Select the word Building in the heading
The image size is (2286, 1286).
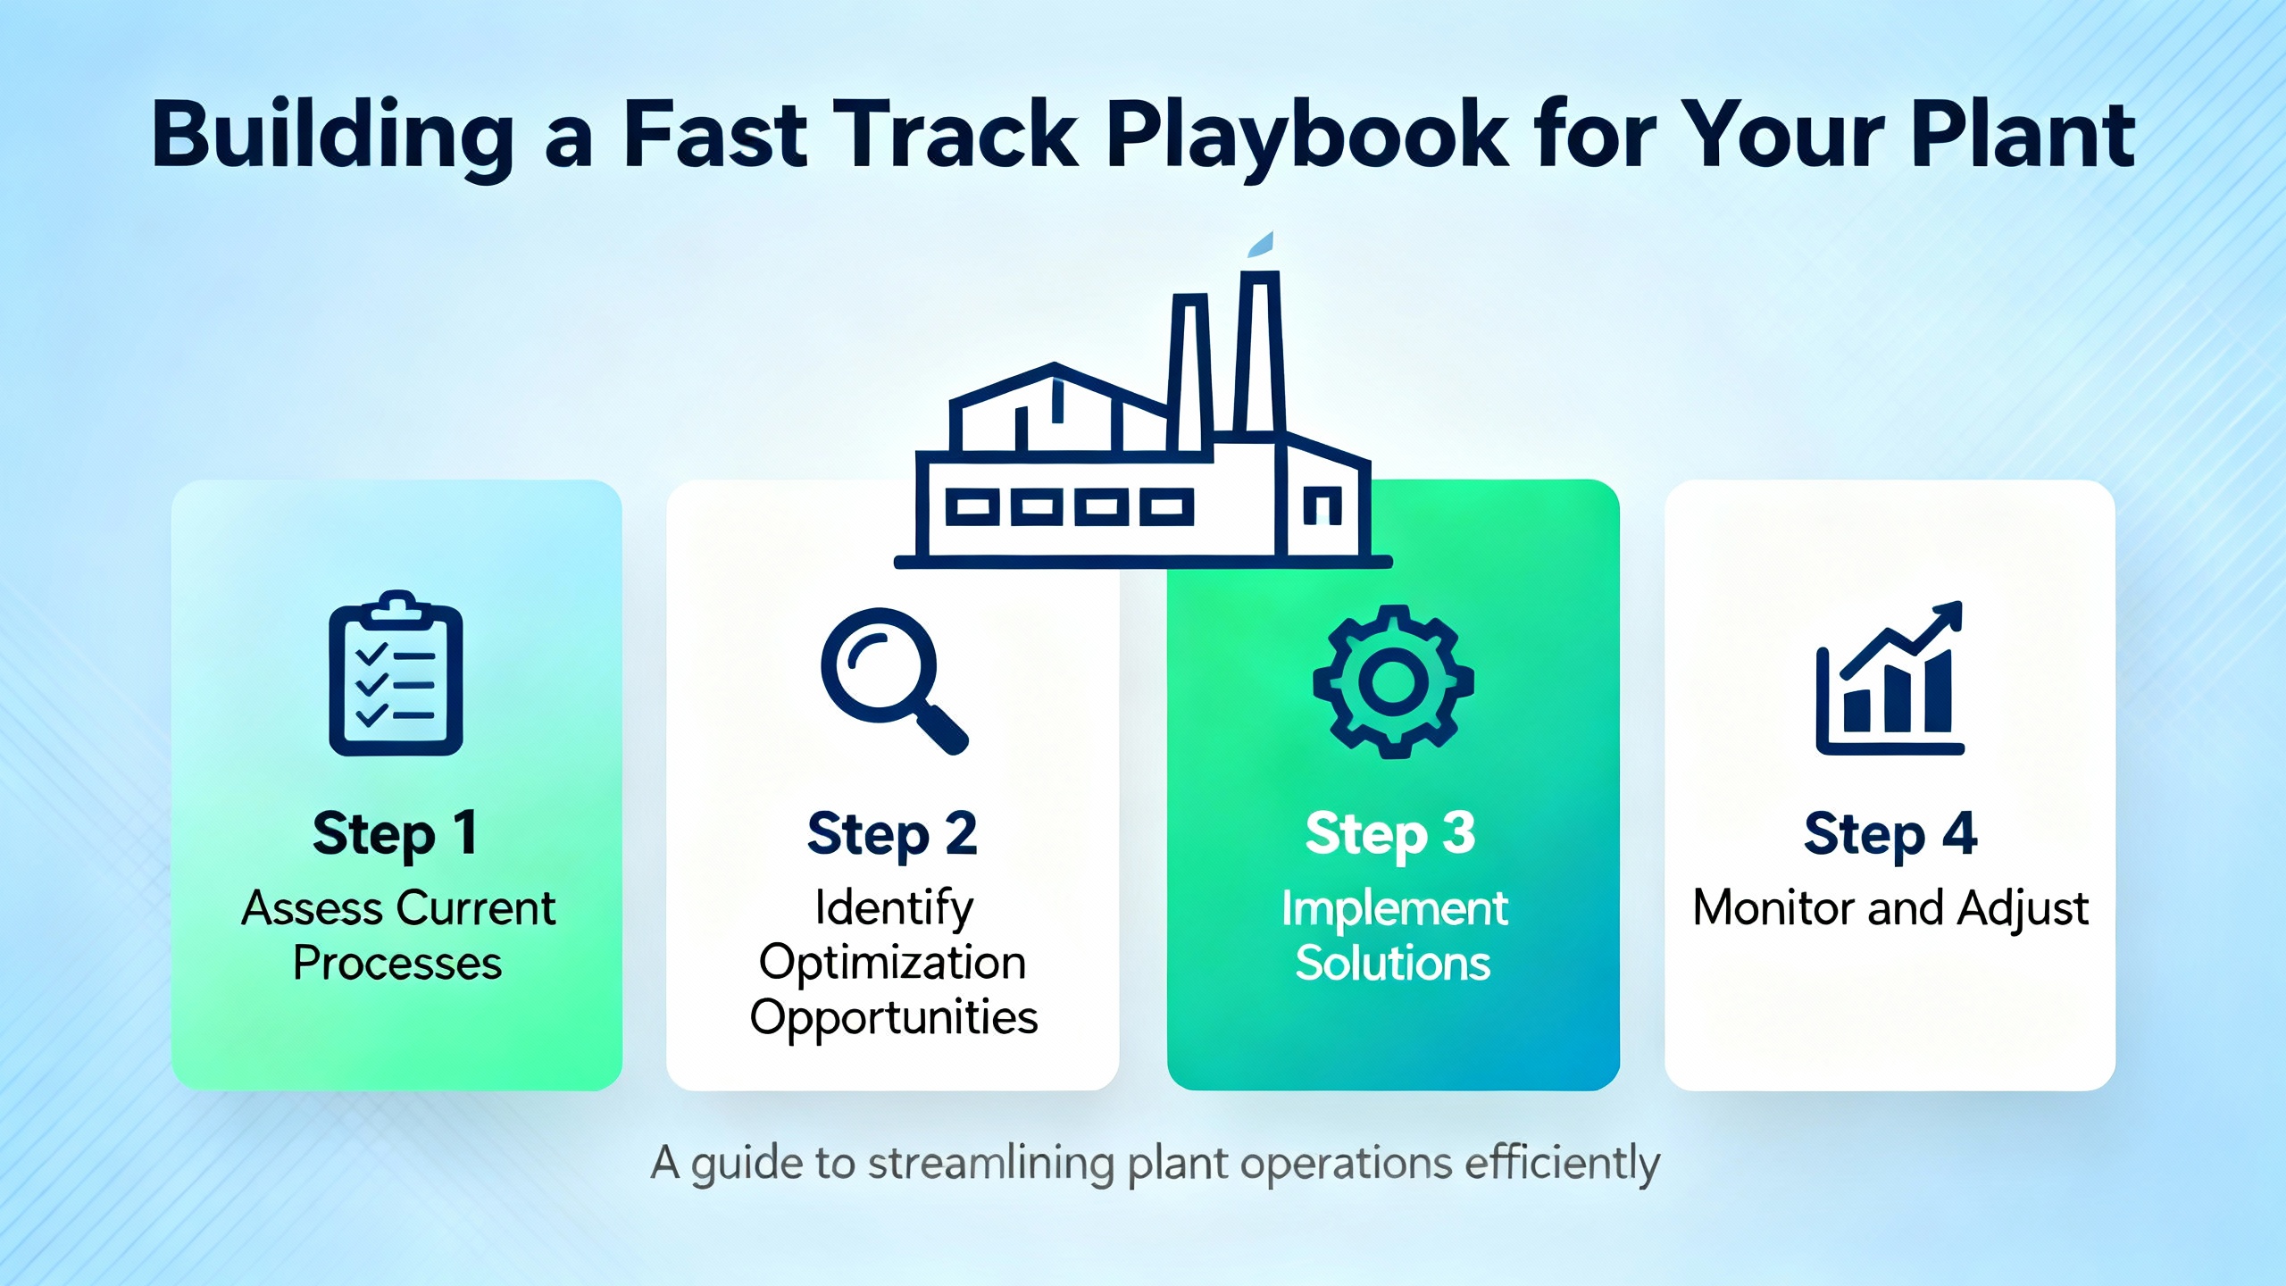coord(332,136)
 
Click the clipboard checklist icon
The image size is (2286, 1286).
coord(396,672)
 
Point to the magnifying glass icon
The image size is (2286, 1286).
coord(894,681)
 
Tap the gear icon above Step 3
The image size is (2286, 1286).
coord(1393,681)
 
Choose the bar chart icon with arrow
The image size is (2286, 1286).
coord(1890,678)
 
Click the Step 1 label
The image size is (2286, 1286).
coord(395,834)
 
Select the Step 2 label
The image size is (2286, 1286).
coord(892,834)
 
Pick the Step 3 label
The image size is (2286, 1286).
coord(1390,834)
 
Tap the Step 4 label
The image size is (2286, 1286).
coord(1890,834)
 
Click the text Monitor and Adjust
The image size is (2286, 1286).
coord(1890,909)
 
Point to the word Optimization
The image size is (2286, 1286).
coord(892,964)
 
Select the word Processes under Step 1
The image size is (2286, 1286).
coord(397,964)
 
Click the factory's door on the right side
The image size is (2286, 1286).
coord(1322,505)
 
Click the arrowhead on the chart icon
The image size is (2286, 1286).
coord(1948,617)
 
